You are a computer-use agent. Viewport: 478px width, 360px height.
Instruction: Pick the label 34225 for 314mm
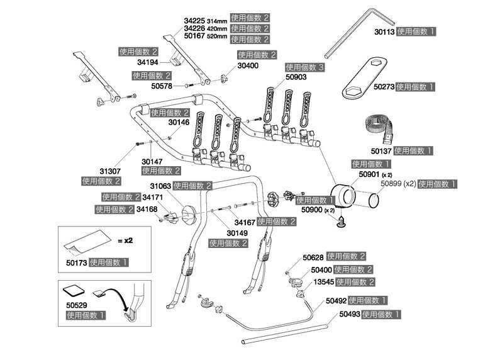[195, 19]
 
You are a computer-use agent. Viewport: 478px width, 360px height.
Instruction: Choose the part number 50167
[195, 38]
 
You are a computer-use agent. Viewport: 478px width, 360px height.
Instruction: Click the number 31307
[110, 171]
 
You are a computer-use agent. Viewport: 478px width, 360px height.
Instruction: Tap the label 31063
[161, 186]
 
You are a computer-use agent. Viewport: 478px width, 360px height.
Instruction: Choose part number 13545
[323, 281]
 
